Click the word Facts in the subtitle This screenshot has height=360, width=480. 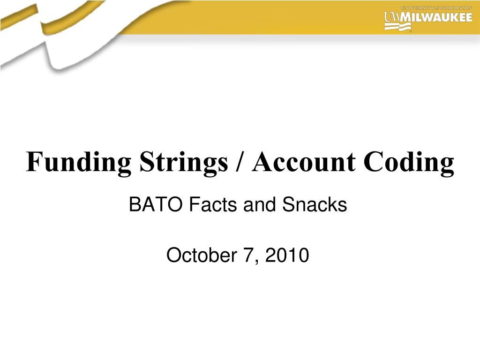click(202, 205)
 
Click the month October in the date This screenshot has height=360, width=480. click(200, 255)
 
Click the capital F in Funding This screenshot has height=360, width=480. click(32, 162)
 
